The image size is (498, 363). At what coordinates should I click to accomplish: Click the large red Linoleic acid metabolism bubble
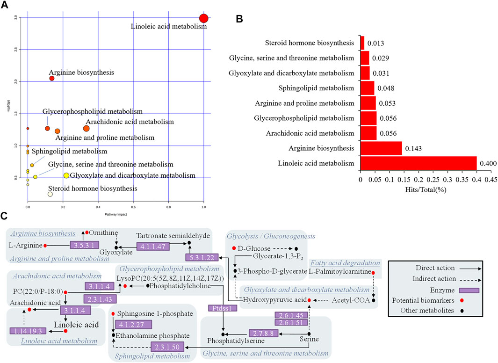coord(203,18)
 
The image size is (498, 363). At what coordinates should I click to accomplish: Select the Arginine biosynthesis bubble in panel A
coord(52,78)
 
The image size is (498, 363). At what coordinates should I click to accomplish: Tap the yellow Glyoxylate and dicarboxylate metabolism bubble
coord(66,175)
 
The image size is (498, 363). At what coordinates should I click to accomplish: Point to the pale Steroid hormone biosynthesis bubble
coord(50,194)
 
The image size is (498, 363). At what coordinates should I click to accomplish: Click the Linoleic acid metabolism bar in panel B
coord(418,163)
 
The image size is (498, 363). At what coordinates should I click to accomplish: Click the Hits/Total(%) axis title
coord(426,190)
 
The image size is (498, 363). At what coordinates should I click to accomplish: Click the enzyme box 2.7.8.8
coord(265,334)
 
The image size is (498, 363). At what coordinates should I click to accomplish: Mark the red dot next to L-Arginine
coord(45,245)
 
